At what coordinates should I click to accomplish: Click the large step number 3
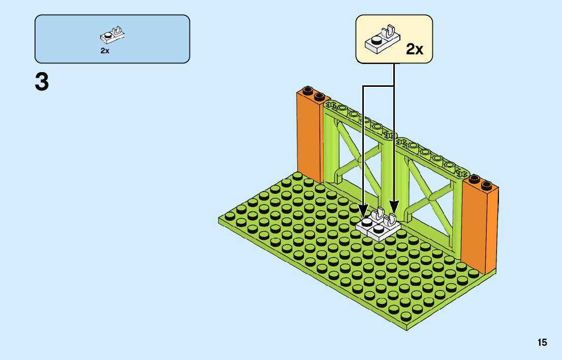[x=42, y=82]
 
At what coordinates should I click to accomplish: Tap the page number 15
[x=542, y=343]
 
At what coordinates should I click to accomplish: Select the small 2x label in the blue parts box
[x=105, y=51]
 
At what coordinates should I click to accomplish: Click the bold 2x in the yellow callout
[x=415, y=49]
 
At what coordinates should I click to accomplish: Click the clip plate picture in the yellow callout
[x=382, y=40]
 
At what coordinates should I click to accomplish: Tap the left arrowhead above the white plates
[x=363, y=209]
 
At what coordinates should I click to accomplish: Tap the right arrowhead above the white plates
[x=394, y=207]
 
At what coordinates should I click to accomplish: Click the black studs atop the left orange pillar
[x=313, y=93]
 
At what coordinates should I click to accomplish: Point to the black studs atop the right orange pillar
[x=481, y=181]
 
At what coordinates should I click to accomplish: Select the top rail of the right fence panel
[x=432, y=155]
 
